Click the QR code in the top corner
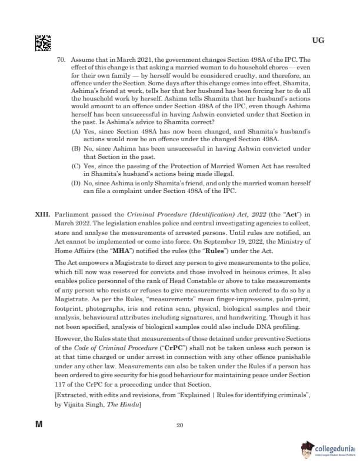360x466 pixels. [x=43, y=43]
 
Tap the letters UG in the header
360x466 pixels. [x=318, y=41]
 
